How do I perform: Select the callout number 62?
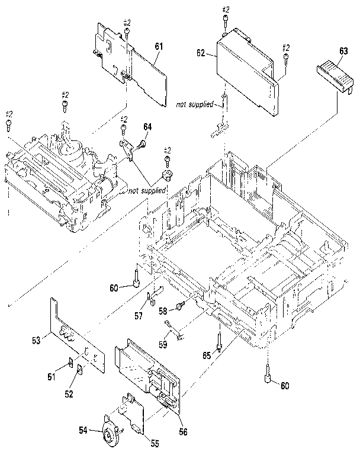201,53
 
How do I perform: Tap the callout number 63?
342,52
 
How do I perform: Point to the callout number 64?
147,126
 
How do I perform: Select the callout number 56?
183,432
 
